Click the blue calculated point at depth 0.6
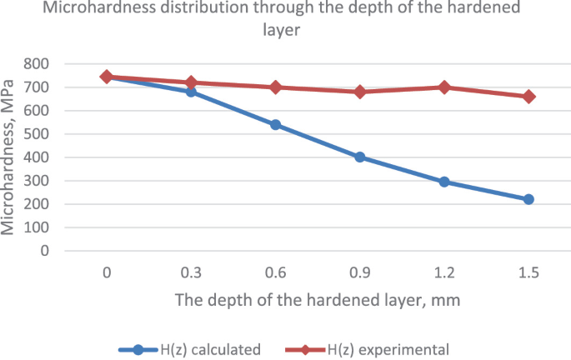pos(275,125)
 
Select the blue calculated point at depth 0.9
pos(360,157)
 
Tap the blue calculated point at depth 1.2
pos(444,182)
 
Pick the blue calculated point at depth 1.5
pos(528,199)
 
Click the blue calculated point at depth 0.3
pos(191,92)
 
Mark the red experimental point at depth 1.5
pos(528,97)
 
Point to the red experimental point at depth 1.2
pos(444,87)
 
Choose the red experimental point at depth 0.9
pos(360,92)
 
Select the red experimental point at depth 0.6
pos(275,87)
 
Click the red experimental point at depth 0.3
pos(191,82)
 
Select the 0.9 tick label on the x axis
pos(360,272)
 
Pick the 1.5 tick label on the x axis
pos(528,272)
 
